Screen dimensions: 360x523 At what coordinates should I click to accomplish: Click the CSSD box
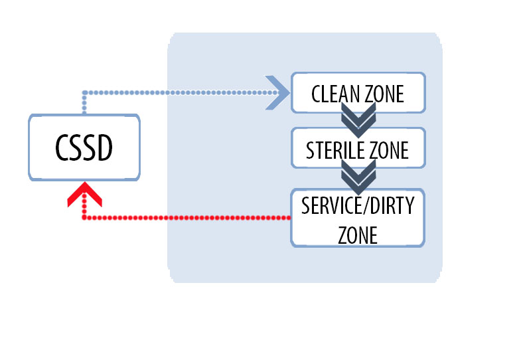click(x=84, y=147)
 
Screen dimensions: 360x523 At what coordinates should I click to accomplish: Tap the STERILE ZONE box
click(x=358, y=148)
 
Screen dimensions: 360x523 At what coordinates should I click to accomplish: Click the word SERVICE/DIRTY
click(x=358, y=206)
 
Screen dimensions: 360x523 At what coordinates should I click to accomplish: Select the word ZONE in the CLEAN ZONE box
click(x=384, y=94)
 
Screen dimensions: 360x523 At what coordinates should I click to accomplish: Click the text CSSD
click(x=84, y=149)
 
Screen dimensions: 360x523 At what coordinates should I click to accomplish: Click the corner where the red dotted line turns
click(x=84, y=217)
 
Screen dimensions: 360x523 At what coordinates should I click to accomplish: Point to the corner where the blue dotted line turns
click(x=84, y=92)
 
